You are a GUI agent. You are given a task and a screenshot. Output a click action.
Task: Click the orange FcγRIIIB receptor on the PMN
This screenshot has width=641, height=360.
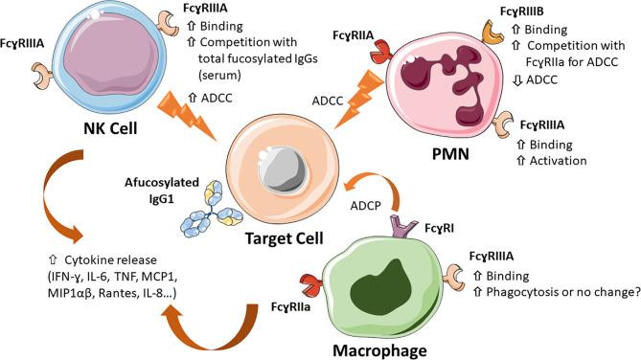tap(499, 37)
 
